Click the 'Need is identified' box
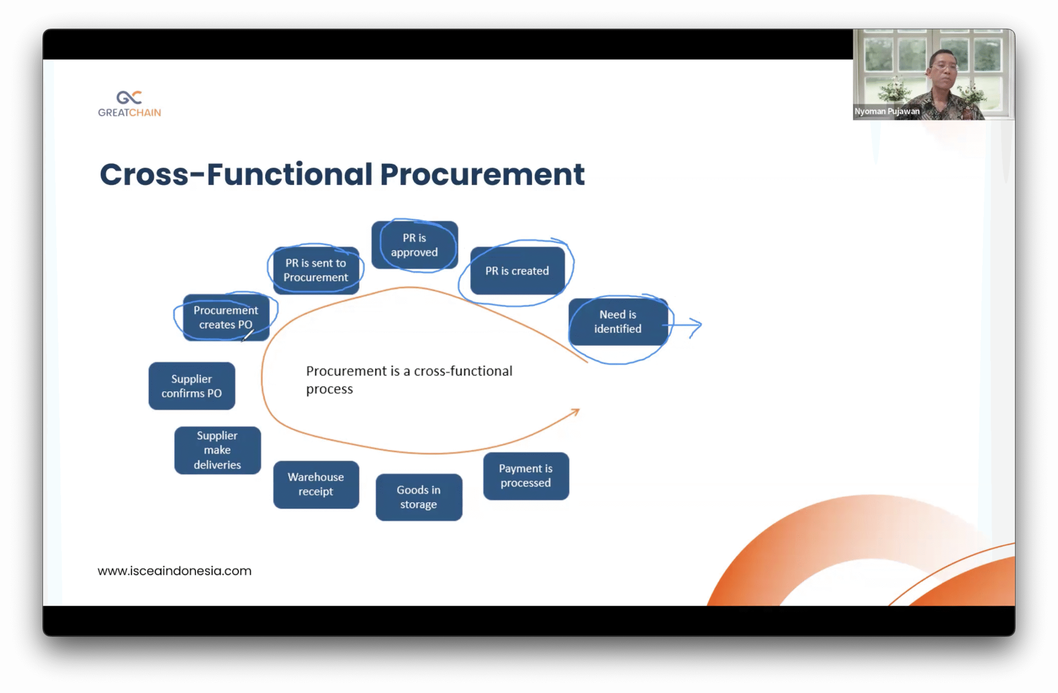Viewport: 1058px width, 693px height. click(617, 321)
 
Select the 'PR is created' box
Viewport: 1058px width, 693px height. click(517, 271)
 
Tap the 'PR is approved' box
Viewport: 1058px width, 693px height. click(414, 245)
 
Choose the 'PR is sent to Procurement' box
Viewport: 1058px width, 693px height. click(316, 270)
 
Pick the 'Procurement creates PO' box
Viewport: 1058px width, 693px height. click(225, 317)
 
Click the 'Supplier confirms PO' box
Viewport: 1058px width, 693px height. click(192, 386)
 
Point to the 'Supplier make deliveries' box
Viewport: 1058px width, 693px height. click(217, 450)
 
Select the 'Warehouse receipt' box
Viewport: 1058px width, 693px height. click(316, 484)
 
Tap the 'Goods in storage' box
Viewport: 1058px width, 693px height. click(418, 497)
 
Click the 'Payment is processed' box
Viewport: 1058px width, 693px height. click(525, 476)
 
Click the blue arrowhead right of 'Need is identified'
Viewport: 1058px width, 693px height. click(696, 325)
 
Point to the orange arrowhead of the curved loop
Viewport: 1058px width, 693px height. click(576, 412)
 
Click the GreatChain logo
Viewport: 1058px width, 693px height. click(129, 104)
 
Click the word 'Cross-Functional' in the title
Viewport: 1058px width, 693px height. click(236, 174)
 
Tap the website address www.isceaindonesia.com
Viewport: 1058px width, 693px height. click(174, 571)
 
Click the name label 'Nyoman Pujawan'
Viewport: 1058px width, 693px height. click(887, 111)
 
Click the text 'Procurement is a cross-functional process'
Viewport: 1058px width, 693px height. click(409, 380)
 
